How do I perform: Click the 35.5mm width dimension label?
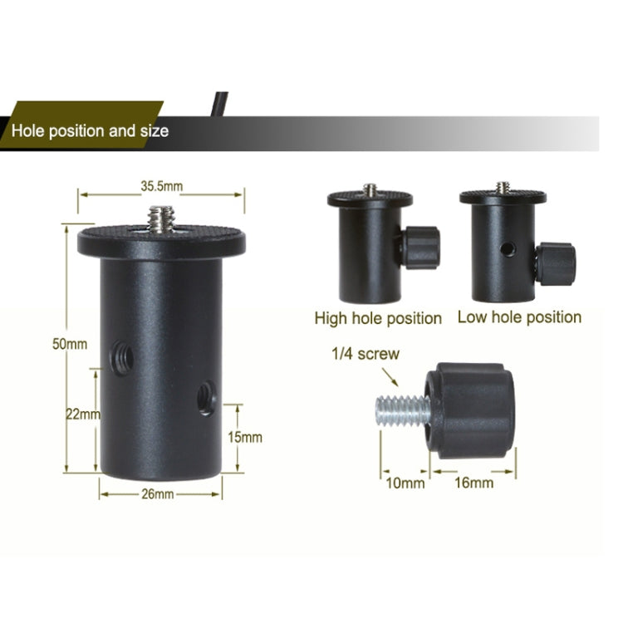[x=162, y=186]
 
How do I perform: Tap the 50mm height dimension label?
[x=70, y=344]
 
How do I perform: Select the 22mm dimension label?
[x=83, y=415]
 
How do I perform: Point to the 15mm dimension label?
[x=245, y=438]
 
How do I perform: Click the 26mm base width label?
[x=158, y=494]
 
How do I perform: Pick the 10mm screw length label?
[x=405, y=483]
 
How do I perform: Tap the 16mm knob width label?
[x=474, y=483]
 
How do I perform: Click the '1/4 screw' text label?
[x=365, y=354]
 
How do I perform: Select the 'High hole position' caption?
[x=378, y=319]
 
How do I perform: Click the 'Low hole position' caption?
[x=519, y=317]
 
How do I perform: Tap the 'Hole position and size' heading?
[x=90, y=130]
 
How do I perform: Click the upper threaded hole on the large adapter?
[x=121, y=358]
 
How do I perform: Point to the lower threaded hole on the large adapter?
[x=207, y=398]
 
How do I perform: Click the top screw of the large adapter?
[x=162, y=219]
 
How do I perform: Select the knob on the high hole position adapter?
[x=420, y=248]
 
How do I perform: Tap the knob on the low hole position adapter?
[x=556, y=264]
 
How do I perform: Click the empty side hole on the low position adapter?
[x=508, y=249]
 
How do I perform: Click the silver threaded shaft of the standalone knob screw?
[x=403, y=412]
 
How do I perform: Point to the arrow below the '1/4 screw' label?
[x=390, y=377]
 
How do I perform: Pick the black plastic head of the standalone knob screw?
[x=470, y=410]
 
